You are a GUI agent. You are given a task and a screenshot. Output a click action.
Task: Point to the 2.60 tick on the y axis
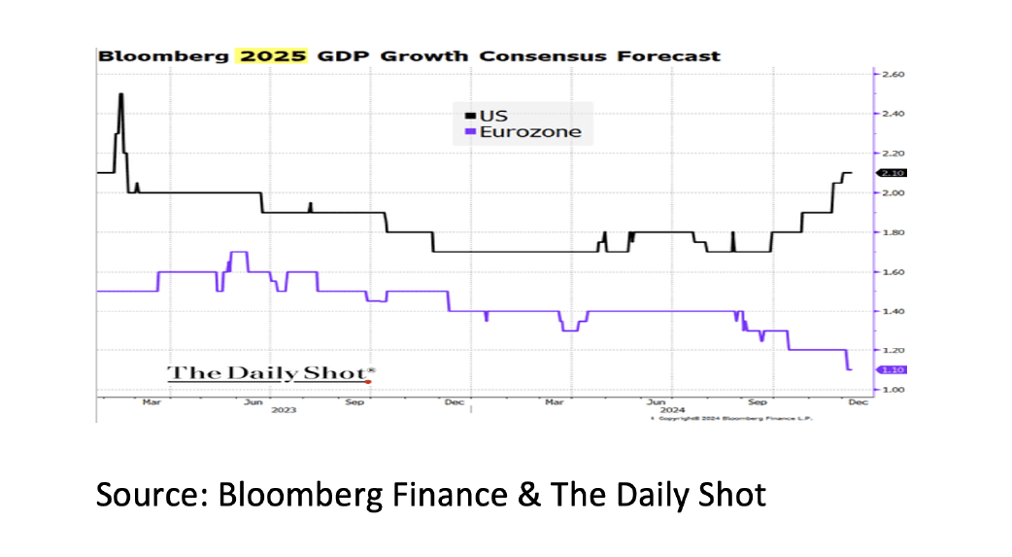tap(894, 74)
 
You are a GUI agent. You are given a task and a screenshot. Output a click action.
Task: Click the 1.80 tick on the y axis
tap(894, 232)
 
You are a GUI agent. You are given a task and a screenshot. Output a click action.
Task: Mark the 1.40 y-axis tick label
tap(894, 311)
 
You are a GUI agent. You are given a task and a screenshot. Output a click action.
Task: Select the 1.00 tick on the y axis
tap(894, 390)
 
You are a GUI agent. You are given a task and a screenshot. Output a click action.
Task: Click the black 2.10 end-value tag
tap(893, 173)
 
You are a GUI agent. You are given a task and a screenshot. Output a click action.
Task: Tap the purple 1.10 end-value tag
tap(893, 369)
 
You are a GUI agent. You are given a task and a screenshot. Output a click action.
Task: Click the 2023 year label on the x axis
tap(284, 410)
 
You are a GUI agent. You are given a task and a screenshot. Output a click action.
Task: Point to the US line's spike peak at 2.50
tap(120, 94)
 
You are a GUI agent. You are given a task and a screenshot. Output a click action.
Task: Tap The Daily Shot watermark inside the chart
tap(271, 373)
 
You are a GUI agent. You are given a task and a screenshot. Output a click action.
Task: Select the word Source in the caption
tap(150, 495)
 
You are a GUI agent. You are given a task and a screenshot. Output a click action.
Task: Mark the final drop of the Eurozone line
tap(848, 360)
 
